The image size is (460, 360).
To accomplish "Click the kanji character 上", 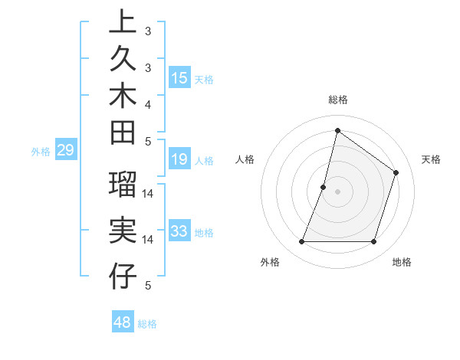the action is coord(123,21).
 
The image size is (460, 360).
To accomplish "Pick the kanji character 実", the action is coord(123,230).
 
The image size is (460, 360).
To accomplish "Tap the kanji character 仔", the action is coord(123,275).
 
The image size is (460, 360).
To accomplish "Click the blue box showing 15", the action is coord(179,77).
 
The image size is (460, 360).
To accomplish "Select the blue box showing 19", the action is coord(179,159).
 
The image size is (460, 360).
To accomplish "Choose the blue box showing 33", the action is coord(179,231).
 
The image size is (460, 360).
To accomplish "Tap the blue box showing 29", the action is coord(65,150).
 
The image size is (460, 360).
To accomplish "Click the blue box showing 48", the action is coord(123,322).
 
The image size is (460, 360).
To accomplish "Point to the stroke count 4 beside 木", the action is coord(148,103).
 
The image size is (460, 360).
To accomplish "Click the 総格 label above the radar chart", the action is coord(337,100).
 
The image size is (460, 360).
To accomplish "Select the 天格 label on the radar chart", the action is coord(431,159).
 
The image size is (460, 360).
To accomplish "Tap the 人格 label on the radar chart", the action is coord(245,159).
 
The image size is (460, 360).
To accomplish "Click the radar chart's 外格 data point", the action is coord(301,242).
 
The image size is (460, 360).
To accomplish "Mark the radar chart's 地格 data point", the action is coord(374,242).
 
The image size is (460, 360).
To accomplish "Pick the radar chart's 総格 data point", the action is coord(337,131).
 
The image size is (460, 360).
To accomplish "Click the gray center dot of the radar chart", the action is coord(337,191).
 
